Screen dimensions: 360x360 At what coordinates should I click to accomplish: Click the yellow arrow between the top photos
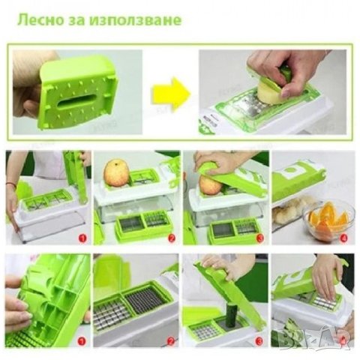click(x=169, y=94)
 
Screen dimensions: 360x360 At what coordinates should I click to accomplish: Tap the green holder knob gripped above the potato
click(x=285, y=73)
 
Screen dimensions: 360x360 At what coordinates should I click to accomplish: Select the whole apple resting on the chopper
click(x=116, y=173)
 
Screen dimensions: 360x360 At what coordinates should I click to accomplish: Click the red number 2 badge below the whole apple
click(x=171, y=238)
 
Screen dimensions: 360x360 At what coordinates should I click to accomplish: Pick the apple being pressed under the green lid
click(x=211, y=184)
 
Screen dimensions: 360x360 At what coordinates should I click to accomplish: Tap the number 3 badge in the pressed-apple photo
click(x=259, y=238)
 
